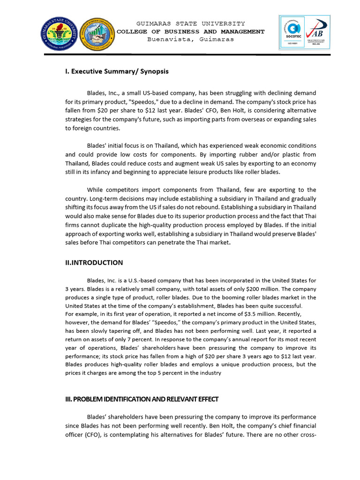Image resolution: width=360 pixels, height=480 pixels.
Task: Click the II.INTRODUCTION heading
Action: pyautogui.click(x=94, y=262)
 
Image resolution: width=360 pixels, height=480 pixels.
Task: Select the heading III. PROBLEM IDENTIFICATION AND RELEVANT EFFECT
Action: pyautogui.click(x=142, y=399)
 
